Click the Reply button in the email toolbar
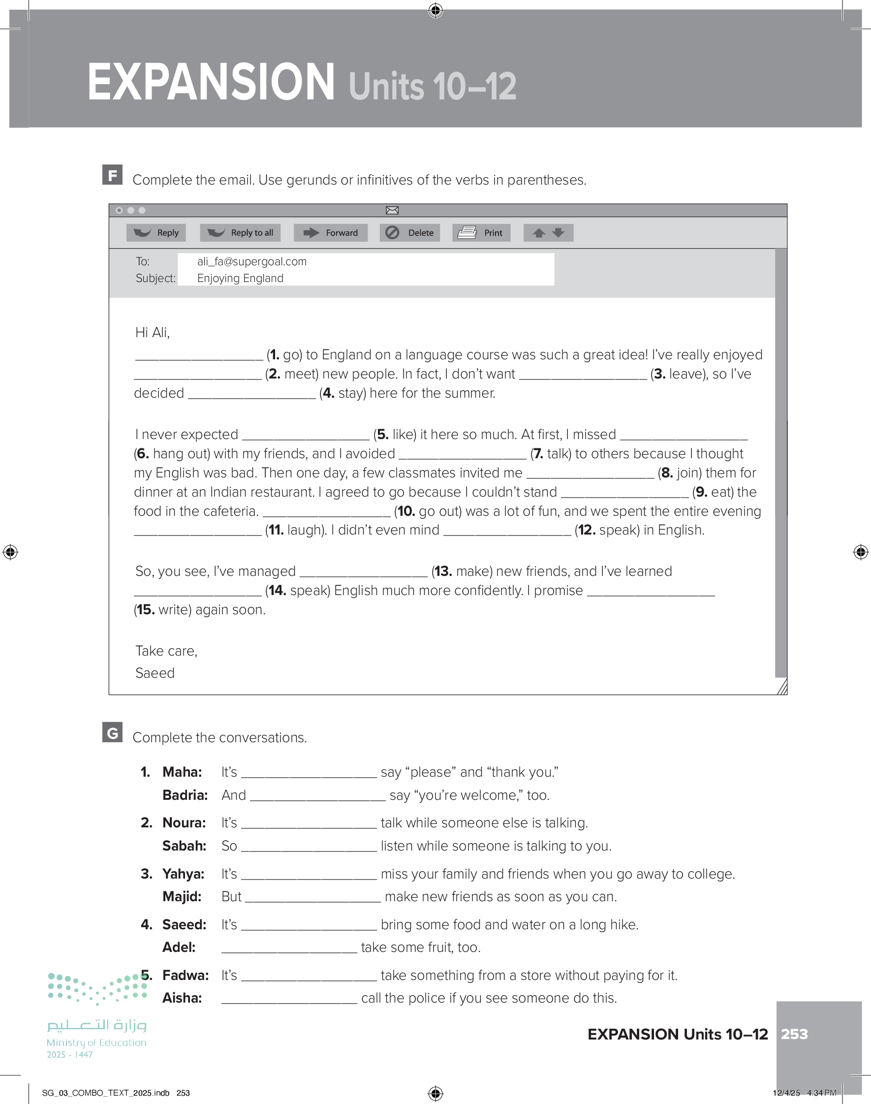156,232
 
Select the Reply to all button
240,232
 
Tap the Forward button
331,232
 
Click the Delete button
409,232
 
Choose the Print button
481,232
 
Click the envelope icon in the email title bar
392,210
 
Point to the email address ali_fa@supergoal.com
252,261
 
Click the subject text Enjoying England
240,279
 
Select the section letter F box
112,175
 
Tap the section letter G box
112,733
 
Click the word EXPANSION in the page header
211,83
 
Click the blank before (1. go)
199,356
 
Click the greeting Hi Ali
152,332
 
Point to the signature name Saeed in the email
155,673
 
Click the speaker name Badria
185,795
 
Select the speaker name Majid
182,896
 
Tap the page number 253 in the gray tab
794,1034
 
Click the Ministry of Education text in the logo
96,1043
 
